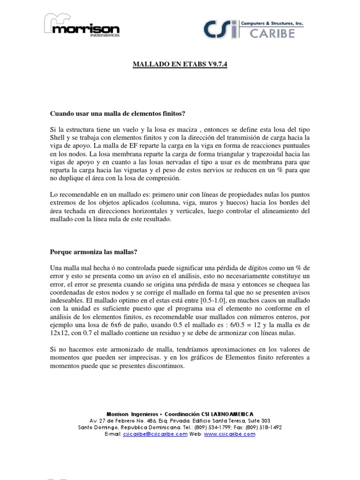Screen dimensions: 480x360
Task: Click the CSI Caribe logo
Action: [254, 29]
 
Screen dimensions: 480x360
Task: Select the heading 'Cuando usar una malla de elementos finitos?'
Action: [118, 113]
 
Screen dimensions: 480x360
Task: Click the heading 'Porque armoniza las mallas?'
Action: [93, 252]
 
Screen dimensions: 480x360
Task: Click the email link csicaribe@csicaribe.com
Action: [155, 435]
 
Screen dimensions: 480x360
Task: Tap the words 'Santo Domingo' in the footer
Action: [97, 427]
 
